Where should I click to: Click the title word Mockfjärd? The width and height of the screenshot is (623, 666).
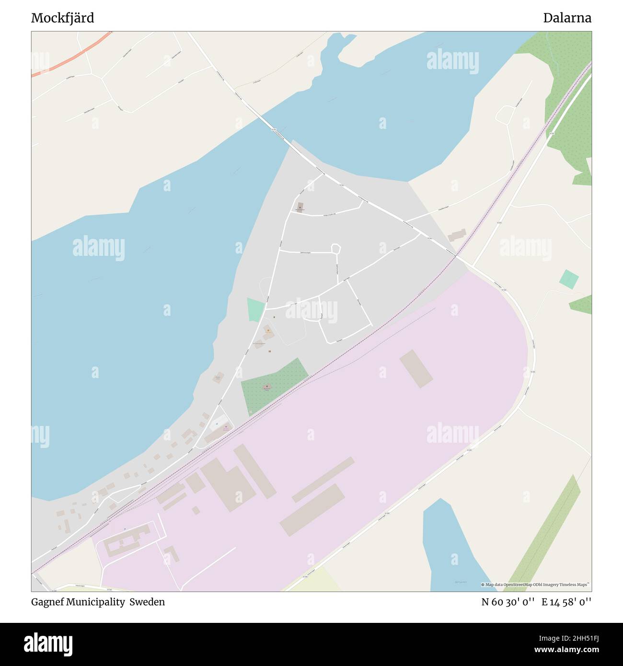[x=62, y=18]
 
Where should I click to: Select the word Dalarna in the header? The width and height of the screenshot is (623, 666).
[x=567, y=18]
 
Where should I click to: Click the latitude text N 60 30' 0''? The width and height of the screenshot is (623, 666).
[x=508, y=602]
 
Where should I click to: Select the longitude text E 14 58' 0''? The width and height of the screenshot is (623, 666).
[x=566, y=602]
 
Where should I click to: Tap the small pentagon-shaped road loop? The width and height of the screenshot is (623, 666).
[x=336, y=248]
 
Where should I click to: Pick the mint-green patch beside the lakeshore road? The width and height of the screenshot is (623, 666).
[x=255, y=309]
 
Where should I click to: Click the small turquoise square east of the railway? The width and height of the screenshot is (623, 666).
[x=569, y=279]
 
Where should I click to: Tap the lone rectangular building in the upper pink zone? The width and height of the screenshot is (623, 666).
[x=416, y=368]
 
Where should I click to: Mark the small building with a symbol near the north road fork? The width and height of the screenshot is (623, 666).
[x=300, y=207]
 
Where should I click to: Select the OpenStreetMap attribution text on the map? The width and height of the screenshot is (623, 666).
[x=535, y=585]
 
